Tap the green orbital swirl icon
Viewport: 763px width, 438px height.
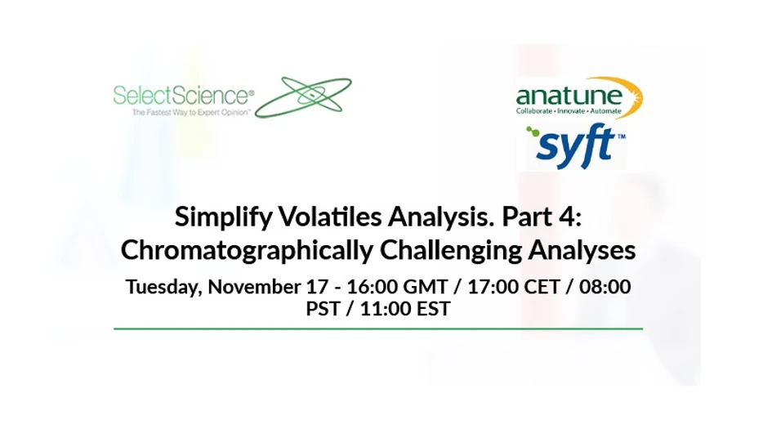tap(304, 96)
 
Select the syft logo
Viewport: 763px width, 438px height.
tap(572, 144)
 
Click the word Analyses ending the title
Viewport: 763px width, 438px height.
tap(591, 250)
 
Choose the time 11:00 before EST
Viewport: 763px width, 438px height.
tap(391, 310)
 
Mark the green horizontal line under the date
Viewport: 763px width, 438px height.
tap(377, 328)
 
